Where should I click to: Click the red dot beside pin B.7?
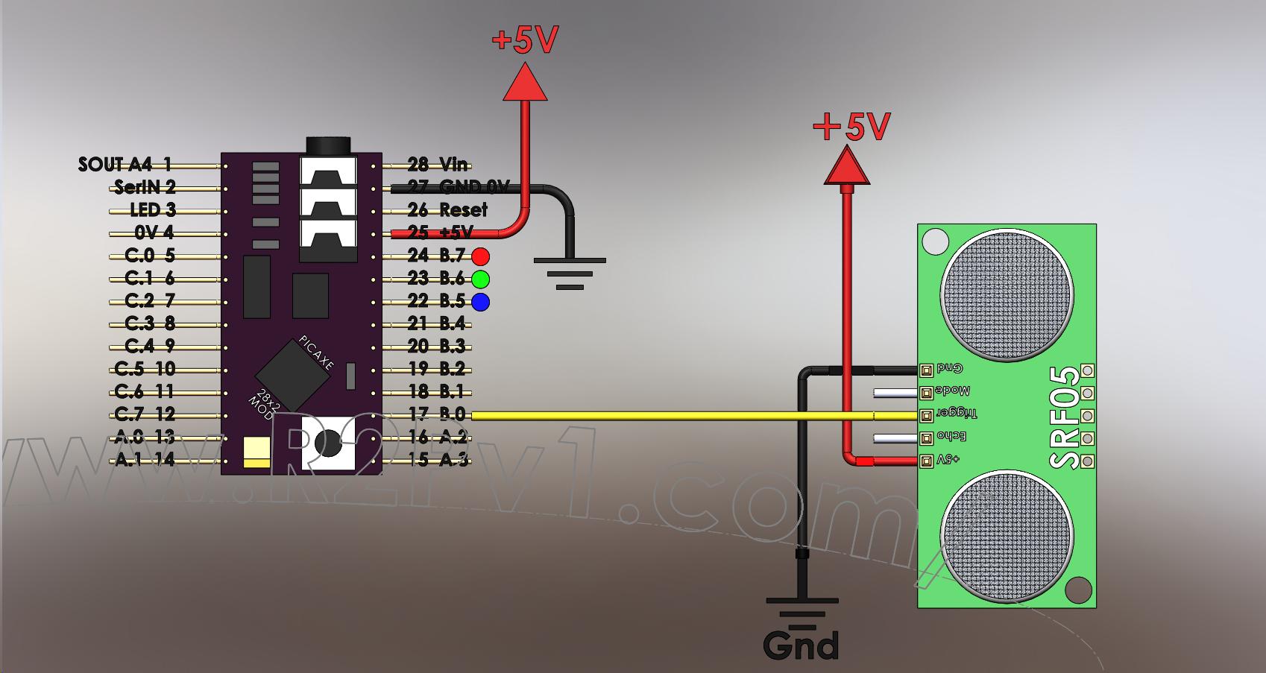click(x=481, y=256)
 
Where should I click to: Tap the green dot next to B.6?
click(x=481, y=279)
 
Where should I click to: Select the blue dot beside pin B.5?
click(x=481, y=302)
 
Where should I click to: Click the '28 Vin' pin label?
click(x=438, y=165)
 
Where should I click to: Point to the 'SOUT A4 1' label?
click(x=125, y=165)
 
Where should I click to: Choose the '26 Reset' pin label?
click(x=447, y=210)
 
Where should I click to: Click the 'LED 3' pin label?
click(x=153, y=210)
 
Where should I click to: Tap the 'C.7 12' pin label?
click(x=145, y=414)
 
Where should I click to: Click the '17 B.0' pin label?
click(x=437, y=414)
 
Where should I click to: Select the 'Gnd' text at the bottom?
click(x=801, y=645)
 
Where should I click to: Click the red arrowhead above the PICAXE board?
click(x=525, y=82)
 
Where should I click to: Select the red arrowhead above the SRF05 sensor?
click(x=847, y=166)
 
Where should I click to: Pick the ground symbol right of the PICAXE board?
click(x=570, y=273)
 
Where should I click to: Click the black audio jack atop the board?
click(x=328, y=145)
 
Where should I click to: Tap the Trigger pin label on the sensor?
click(x=957, y=413)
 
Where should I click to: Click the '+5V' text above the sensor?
click(x=851, y=127)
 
